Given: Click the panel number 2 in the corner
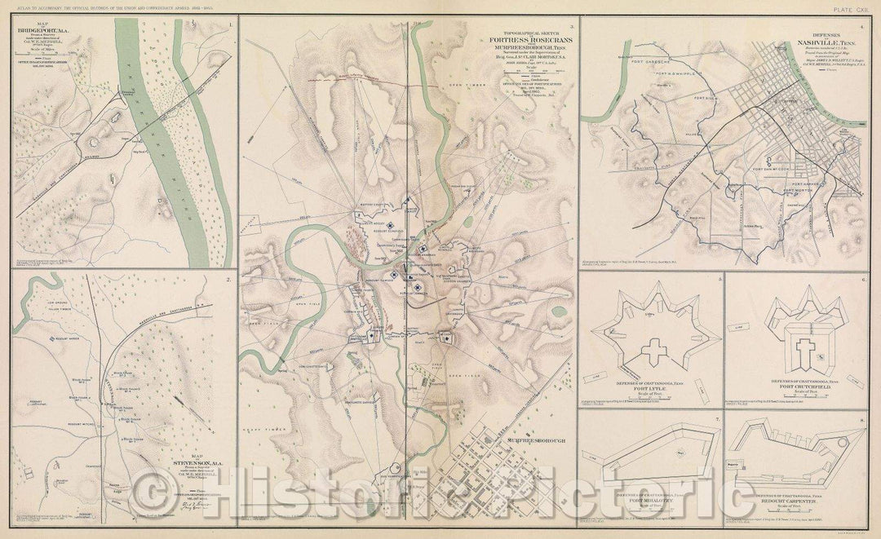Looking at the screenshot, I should coord(228,281).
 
